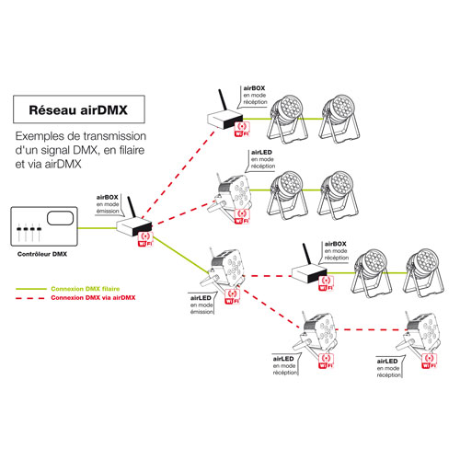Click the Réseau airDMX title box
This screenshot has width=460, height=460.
tap(79, 109)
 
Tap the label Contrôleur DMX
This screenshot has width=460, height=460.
tap(42, 254)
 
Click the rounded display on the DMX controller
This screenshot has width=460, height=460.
tap(60, 218)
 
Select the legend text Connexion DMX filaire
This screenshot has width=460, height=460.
tap(86, 289)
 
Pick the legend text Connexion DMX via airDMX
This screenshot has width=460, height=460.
tap(93, 297)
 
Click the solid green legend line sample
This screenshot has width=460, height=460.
tap(31, 289)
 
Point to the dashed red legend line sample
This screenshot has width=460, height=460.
tap(30, 298)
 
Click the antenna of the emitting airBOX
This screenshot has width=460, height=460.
tap(132, 207)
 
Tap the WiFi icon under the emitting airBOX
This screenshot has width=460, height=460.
tap(145, 239)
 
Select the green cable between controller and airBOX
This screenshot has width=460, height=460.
tap(97, 228)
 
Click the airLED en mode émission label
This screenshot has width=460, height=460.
tap(201, 305)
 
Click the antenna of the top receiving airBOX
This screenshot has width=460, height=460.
tap(223, 100)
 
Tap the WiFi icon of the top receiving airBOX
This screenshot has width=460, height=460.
tap(242, 129)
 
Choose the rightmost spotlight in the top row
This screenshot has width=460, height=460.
tap(339, 120)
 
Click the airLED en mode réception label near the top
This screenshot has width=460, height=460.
tap(263, 159)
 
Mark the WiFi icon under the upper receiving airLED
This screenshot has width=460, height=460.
tap(242, 216)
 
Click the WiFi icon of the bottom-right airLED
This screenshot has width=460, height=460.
tap(429, 361)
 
